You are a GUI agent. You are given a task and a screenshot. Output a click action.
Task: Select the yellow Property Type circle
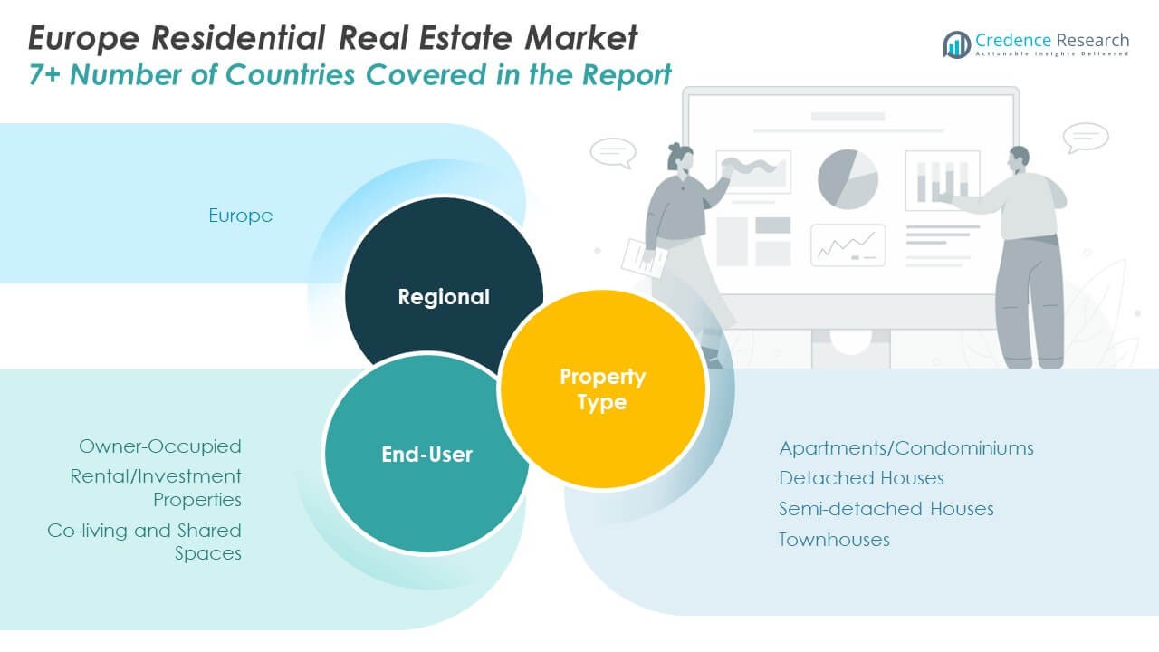[x=602, y=388]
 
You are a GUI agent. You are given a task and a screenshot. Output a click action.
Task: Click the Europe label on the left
[x=241, y=216]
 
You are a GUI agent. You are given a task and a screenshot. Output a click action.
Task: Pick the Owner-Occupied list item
[x=160, y=446]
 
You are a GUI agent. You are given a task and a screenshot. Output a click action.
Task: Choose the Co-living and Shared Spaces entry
[x=145, y=542]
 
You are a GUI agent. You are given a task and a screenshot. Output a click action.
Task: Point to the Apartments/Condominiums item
[x=905, y=448]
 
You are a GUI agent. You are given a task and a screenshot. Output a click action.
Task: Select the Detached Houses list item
[x=861, y=478]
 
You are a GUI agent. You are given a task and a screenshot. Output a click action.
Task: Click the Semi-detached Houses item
[x=886, y=509]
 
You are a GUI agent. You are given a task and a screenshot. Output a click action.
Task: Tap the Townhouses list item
[x=834, y=540]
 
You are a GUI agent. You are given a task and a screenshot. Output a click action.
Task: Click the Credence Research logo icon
[x=956, y=43]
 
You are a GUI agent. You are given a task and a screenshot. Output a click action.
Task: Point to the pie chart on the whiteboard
[x=848, y=178]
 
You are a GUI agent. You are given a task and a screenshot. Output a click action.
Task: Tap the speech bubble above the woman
[x=613, y=152]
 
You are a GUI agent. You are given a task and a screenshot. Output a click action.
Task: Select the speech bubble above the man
[x=1086, y=137]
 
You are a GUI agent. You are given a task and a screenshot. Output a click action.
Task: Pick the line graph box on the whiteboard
[x=848, y=244]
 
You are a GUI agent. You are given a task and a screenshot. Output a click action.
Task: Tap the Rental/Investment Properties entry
[x=156, y=487]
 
